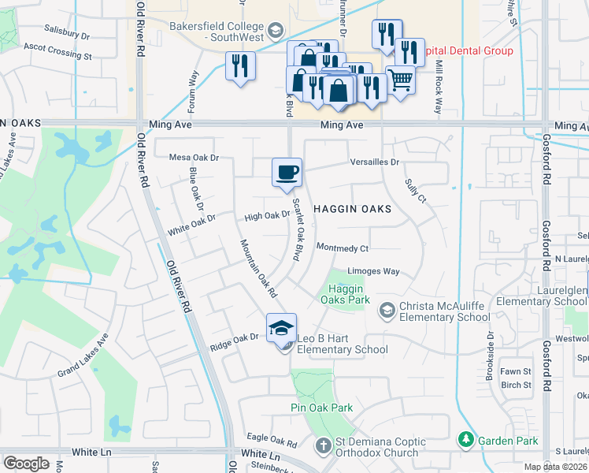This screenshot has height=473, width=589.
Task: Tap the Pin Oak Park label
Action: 321,408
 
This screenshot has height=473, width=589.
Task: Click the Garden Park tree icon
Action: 466,438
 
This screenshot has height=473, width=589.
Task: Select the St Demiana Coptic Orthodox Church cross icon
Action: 322,447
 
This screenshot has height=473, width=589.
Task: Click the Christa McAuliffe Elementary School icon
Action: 386,308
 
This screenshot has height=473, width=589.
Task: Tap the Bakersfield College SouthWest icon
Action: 275,31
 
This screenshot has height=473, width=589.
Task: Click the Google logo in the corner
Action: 26,463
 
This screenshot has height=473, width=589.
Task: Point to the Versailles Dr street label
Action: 376,162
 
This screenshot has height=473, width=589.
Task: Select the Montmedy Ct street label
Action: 343,248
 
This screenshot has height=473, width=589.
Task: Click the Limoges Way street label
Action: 374,271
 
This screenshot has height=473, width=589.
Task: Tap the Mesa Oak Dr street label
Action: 194,158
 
